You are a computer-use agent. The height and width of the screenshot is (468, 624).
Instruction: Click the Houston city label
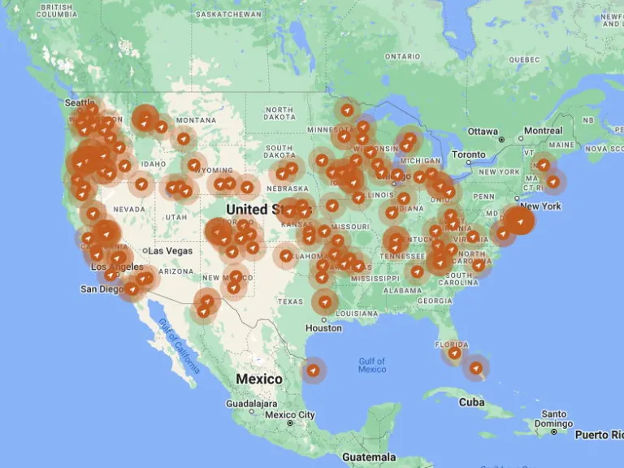(x=323, y=328)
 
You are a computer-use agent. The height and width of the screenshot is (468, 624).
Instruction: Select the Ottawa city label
(x=483, y=132)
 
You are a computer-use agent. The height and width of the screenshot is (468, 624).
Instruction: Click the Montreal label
(x=543, y=131)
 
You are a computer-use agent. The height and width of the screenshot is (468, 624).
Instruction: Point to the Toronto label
(x=468, y=154)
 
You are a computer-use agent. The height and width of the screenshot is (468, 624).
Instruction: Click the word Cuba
(x=471, y=402)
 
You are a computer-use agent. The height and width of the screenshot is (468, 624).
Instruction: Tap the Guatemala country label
(x=368, y=457)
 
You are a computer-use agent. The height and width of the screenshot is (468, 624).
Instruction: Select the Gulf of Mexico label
(x=372, y=365)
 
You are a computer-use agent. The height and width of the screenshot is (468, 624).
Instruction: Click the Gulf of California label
(x=179, y=346)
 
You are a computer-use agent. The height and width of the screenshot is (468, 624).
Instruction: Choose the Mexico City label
(x=289, y=415)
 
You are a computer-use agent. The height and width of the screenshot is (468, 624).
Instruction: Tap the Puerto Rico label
(x=600, y=435)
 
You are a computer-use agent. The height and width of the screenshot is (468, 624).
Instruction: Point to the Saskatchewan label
(x=230, y=15)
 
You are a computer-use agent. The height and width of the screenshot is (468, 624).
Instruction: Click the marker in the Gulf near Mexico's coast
(x=313, y=370)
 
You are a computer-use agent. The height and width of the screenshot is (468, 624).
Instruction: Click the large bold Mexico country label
(x=259, y=379)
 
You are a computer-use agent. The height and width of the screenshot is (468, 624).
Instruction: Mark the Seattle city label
(x=80, y=103)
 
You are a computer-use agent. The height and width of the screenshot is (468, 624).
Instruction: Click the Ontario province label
(x=402, y=57)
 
